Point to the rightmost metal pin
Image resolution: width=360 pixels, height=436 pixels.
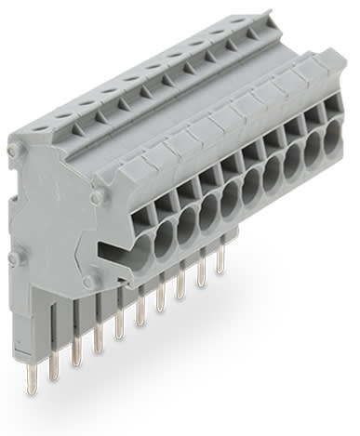pos(220,260)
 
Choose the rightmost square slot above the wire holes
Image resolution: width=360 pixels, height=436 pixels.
pos(329,112)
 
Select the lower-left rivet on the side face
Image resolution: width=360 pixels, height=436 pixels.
pos(12,258)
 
